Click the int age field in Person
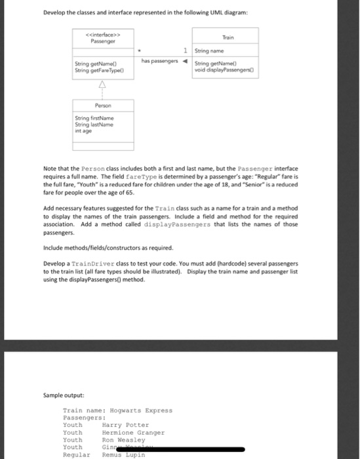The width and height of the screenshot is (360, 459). point(85,130)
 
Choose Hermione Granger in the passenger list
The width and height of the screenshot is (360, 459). point(133,433)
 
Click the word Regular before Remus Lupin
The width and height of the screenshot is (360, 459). point(76,454)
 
